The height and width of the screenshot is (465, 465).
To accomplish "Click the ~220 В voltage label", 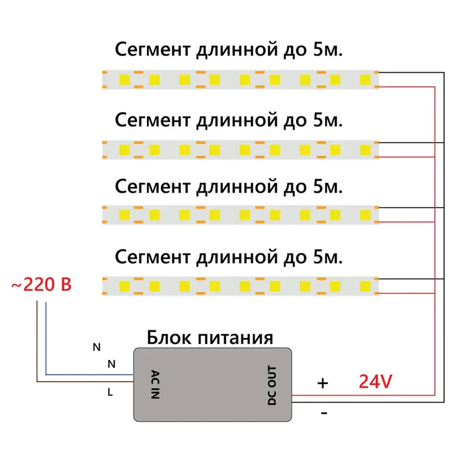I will click(41, 284).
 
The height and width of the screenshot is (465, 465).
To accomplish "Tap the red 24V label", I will click(375, 381).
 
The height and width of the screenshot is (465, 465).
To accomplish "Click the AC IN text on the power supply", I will click(155, 384).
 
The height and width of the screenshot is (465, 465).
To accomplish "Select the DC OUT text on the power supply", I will click(272, 385).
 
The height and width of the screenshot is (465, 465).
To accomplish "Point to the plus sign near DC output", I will click(323, 383).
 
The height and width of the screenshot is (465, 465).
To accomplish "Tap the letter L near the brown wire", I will click(110, 392).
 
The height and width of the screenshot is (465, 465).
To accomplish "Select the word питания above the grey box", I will click(235, 338).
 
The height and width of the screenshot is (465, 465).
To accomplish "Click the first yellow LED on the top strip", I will click(124, 80).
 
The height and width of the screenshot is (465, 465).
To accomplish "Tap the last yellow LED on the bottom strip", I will click(365, 286).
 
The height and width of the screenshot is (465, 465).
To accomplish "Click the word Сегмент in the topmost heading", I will click(153, 49).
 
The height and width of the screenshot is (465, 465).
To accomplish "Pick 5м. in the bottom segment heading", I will click(328, 257).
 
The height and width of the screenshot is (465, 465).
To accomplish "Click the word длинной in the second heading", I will click(237, 120).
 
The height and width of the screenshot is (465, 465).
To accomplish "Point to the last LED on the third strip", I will click(365, 215).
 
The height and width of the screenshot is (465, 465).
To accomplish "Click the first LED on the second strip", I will click(124, 150).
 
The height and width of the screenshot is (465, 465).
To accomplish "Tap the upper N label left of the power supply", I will click(97, 347).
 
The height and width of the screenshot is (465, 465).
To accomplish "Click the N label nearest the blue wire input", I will click(111, 364).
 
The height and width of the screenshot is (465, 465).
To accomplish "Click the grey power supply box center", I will click(212, 384).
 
